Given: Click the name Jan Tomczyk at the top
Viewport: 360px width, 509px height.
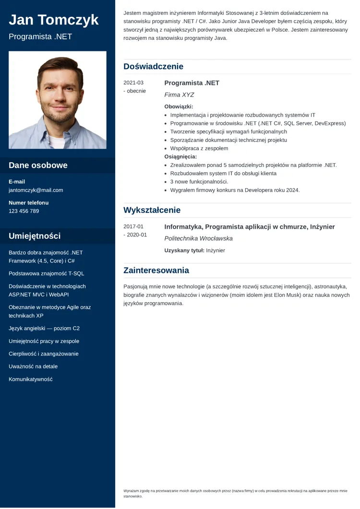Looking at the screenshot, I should [54, 20].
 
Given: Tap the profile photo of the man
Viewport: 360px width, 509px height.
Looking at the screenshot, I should [58, 100].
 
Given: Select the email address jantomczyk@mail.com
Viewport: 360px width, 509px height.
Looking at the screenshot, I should [36, 190].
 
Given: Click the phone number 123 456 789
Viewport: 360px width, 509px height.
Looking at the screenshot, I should [24, 211].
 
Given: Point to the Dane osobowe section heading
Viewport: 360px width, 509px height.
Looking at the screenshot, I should [38, 166].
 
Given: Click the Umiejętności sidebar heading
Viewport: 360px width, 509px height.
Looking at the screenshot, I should [35, 236].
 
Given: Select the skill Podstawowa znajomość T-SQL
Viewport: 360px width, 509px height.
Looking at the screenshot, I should [46, 273].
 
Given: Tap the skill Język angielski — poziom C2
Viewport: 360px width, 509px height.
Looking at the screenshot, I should [44, 329].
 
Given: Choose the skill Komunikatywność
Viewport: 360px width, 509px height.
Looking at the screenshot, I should [30, 379].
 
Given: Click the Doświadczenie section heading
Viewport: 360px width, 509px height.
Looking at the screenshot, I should [153, 67].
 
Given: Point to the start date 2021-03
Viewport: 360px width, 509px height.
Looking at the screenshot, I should [133, 83].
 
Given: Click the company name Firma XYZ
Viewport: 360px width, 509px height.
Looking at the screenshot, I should [179, 95].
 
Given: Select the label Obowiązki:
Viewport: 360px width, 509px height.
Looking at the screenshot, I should [179, 107].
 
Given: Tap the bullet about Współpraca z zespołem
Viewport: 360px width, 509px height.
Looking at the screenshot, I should [199, 148].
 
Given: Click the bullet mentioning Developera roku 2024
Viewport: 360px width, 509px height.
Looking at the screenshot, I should [235, 190].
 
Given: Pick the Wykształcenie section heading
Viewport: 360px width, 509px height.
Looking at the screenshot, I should [152, 210].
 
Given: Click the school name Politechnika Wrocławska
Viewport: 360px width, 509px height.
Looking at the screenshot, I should [198, 238].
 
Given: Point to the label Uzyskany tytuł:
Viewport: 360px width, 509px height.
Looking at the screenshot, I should [184, 250].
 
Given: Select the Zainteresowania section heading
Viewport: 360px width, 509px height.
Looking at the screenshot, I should [156, 271].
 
